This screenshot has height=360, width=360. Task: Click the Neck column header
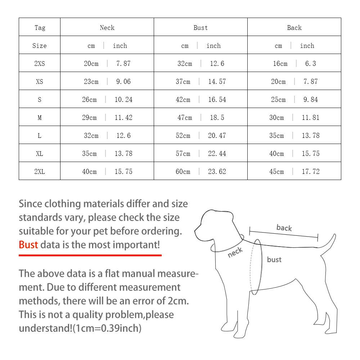107,28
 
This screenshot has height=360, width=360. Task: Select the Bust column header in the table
201,28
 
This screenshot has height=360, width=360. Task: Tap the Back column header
294,28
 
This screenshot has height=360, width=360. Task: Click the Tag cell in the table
40,28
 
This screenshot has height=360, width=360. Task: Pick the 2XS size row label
40,64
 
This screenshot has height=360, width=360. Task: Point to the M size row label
40,118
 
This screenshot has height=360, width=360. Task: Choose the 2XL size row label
40,172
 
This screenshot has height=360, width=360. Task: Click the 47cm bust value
185,118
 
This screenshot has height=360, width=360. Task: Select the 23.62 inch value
217,172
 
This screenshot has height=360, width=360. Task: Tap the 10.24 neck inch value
123,100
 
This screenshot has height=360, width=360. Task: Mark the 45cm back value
276,172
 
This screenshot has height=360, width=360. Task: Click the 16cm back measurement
280,64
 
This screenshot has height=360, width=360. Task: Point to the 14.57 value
217,82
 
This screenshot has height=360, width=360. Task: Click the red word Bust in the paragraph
28,245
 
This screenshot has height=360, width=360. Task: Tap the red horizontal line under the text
90,255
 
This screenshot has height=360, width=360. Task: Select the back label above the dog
284,228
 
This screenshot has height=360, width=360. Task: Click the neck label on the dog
235,252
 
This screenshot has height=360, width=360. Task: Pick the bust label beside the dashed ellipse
274,260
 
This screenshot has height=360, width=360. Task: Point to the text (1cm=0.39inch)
107,328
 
